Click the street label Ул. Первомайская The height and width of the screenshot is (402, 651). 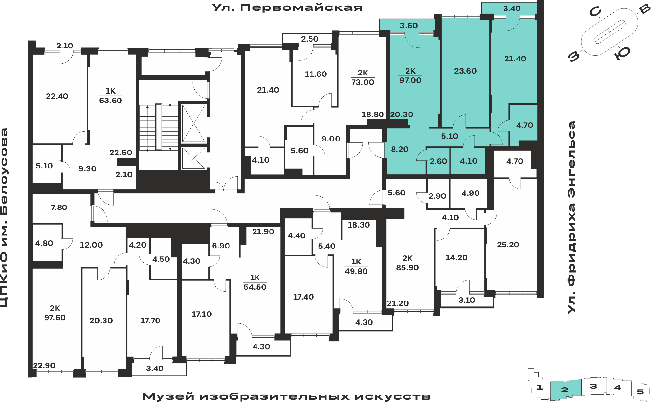coord(287,7)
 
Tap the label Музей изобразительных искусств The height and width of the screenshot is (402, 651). coord(286,396)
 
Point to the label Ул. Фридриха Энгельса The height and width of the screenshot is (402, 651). coord(571,217)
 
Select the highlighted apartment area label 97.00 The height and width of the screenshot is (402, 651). coord(410,80)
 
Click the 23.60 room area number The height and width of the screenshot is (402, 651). coord(465,71)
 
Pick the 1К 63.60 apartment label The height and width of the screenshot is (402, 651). coord(110,96)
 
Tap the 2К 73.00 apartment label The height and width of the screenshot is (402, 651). coord(363,77)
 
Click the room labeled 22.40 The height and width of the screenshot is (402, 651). coord(57,96)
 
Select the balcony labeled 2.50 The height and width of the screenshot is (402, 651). coord(310,39)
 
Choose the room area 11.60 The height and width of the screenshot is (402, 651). coord(316,74)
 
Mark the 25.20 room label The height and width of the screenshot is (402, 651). coord(508,245)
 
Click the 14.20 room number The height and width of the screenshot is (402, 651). coord(456,258)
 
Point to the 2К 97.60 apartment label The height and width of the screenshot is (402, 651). coord(55,313)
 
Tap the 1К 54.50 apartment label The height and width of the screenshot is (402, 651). coord(255,282)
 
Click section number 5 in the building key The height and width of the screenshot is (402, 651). coord(640,392)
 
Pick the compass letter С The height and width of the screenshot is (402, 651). coord(595,12)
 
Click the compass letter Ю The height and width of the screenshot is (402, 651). coord(622,53)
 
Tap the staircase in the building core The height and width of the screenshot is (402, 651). coord(159,127)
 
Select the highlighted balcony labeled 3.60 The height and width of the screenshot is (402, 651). coord(409,26)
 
